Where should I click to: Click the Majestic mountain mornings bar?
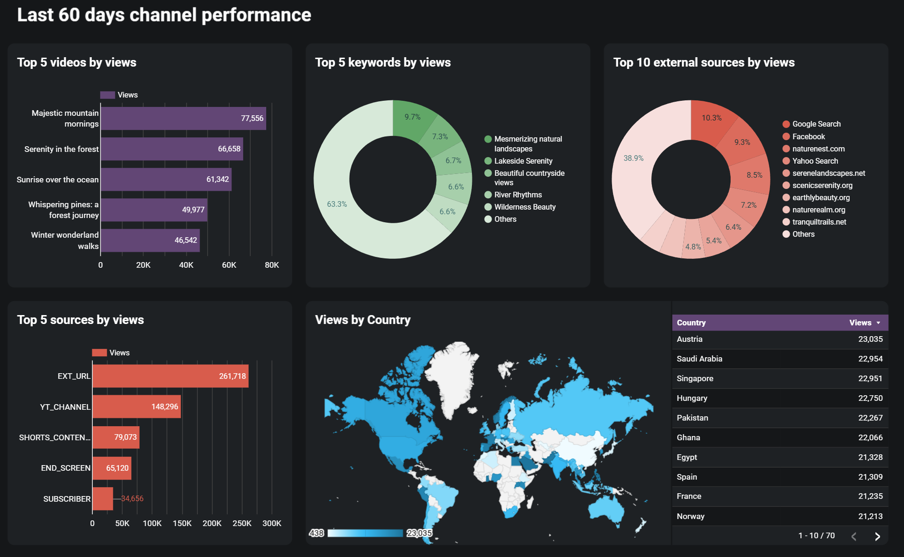[x=183, y=118]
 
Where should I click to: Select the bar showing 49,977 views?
[x=154, y=210]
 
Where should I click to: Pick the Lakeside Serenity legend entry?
[x=523, y=161]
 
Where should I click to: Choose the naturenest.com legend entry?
[x=818, y=149]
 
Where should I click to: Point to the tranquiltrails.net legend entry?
[x=819, y=222]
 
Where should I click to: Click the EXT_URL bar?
[x=170, y=376]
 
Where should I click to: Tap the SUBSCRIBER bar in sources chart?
[x=103, y=498]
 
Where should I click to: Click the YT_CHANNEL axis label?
[x=65, y=407]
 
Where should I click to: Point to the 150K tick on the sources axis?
[x=182, y=523]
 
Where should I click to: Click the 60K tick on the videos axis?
[x=229, y=265]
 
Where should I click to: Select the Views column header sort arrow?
[x=878, y=323]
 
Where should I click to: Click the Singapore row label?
[x=695, y=378]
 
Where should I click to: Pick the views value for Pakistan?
[x=870, y=418]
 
